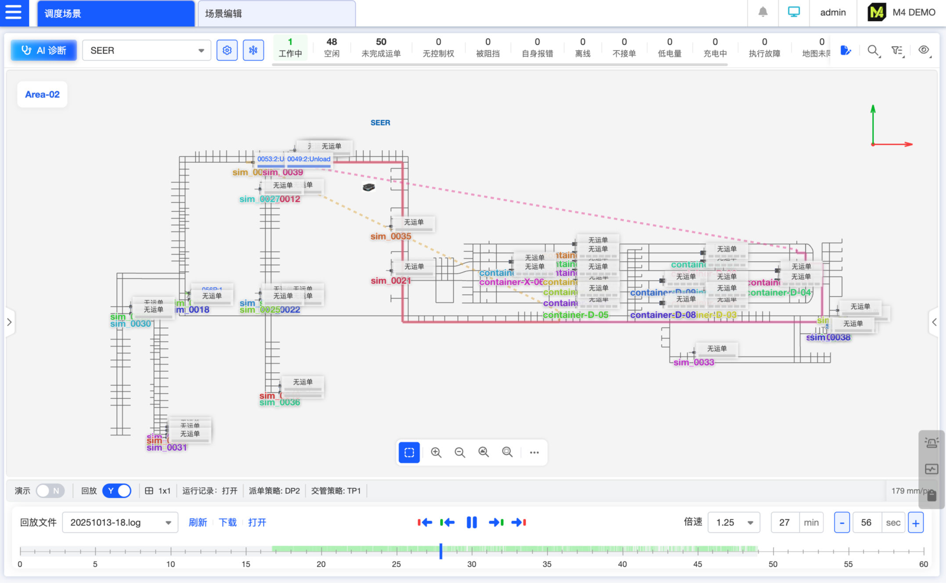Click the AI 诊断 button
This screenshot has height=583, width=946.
(x=44, y=50)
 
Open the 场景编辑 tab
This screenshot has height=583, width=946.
(x=276, y=14)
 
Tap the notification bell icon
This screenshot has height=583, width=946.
(x=763, y=12)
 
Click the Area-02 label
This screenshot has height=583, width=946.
(x=42, y=94)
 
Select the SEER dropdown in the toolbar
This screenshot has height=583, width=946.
(x=146, y=50)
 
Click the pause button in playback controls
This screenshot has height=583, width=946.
(x=472, y=522)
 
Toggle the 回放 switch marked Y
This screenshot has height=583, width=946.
(x=117, y=490)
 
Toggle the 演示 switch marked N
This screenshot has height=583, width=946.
(x=50, y=490)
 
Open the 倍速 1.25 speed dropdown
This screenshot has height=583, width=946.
(x=734, y=522)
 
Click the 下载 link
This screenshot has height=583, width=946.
(x=227, y=522)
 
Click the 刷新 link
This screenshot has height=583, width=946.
(x=198, y=522)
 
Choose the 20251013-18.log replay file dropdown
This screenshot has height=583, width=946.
(x=120, y=522)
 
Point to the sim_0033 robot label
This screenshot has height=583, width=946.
(x=693, y=362)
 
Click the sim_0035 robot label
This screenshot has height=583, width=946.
(x=390, y=236)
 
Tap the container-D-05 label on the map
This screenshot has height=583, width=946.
(x=575, y=315)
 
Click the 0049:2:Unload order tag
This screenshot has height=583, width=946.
(x=309, y=159)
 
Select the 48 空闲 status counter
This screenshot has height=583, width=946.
(x=332, y=47)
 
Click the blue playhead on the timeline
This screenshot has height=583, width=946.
(x=441, y=551)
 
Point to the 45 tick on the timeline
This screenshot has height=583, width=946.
(x=697, y=564)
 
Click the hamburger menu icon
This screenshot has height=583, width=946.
(x=14, y=12)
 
